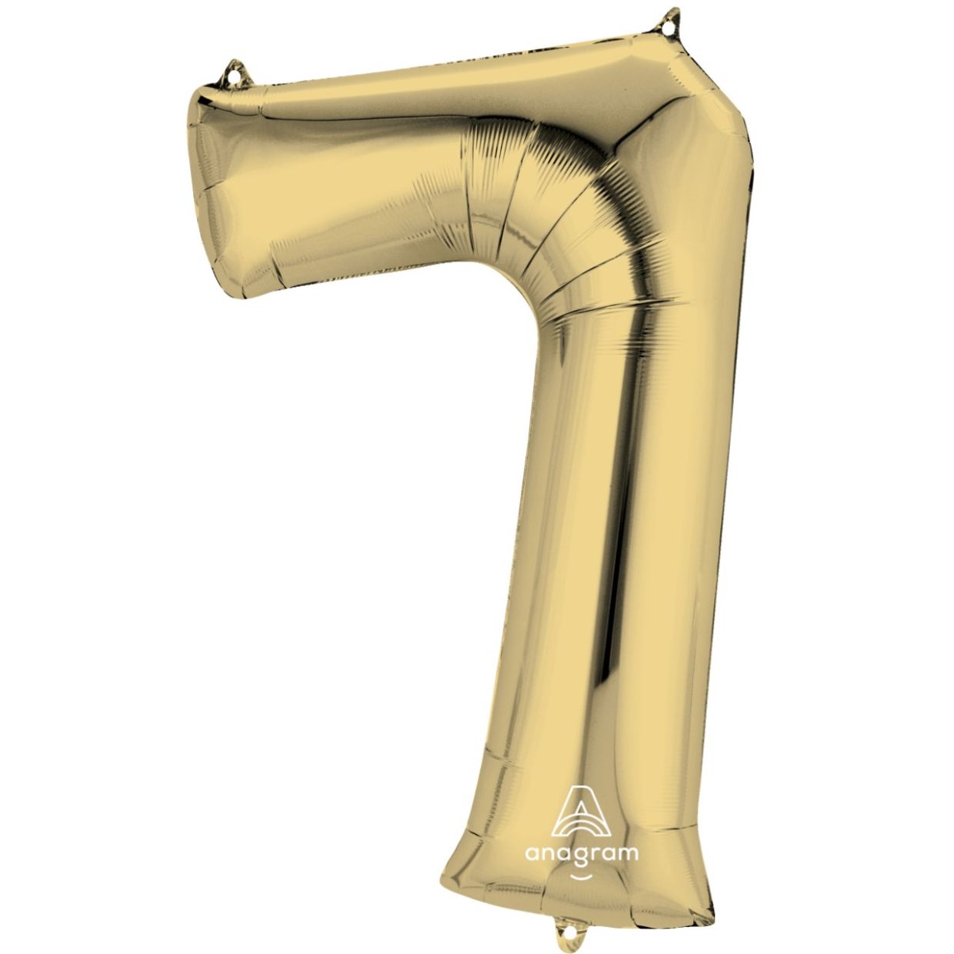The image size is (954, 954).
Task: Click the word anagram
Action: coord(581,853)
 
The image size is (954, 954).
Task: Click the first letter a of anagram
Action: coord(532,853)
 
